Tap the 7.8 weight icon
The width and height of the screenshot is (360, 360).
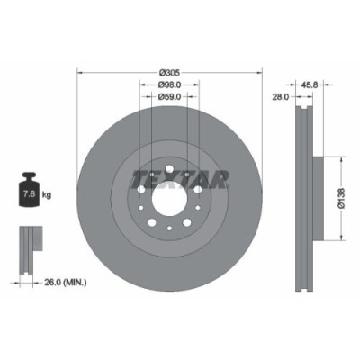29,192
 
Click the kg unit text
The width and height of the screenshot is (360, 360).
47,193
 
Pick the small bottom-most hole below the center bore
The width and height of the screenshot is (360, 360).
168,225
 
